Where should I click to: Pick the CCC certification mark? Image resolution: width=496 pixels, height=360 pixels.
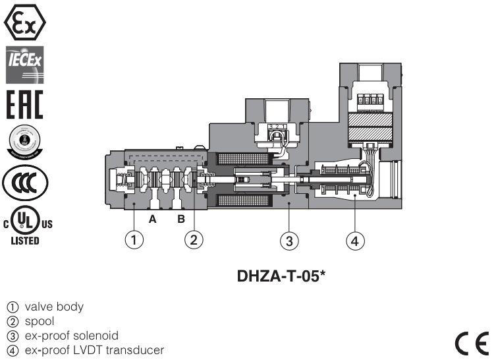[24, 181]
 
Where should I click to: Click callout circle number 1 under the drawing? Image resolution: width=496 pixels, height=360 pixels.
[134, 241]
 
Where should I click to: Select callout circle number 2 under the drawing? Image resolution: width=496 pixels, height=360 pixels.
[193, 241]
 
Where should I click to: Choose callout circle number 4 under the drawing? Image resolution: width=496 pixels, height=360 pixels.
[355, 241]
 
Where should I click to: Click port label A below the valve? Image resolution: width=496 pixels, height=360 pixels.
[152, 220]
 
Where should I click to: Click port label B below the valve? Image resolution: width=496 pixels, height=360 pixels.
[180, 220]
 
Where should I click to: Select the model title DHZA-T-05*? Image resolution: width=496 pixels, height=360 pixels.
[282, 276]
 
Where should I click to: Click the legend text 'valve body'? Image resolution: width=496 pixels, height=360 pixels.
[54, 307]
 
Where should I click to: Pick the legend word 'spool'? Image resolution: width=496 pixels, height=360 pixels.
[40, 322]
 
